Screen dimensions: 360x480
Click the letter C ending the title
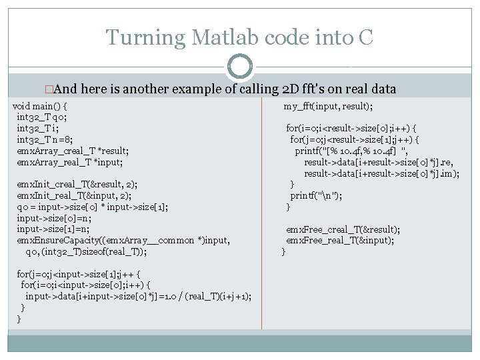pyautogui.click(x=365, y=37)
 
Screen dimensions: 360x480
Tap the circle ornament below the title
pyautogui.click(x=239, y=66)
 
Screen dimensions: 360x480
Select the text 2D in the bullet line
pyautogui.click(x=293, y=89)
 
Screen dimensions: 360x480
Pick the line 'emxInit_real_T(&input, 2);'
pyautogui.click(x=73, y=195)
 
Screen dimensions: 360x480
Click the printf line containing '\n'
pyautogui.click(x=316, y=195)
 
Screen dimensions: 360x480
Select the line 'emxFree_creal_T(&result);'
pyautogui.click(x=343, y=229)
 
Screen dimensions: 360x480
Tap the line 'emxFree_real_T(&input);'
pyautogui.click(x=339, y=240)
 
